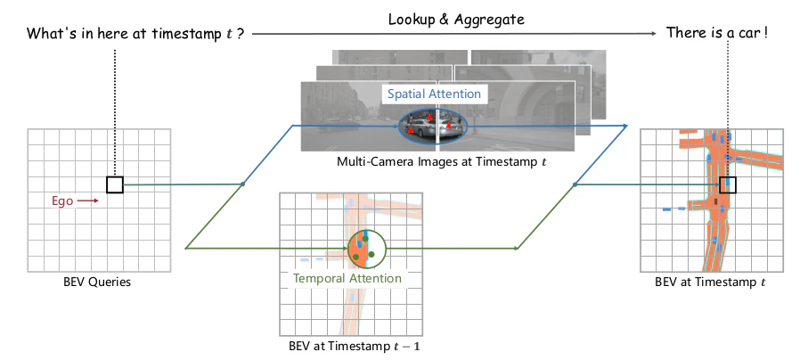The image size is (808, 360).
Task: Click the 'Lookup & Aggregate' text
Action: click(x=456, y=20)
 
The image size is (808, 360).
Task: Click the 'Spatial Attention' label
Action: click(x=434, y=94)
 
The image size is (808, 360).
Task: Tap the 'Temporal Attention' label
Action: click(x=347, y=279)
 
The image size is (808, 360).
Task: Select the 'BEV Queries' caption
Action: click(x=97, y=282)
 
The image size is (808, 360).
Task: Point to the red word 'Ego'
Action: click(x=62, y=201)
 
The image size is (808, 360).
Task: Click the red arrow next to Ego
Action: click(x=88, y=200)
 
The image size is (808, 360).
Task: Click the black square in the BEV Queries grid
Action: click(x=115, y=184)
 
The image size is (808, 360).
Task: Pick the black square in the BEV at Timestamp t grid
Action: click(x=728, y=184)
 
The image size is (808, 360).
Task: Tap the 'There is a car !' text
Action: click(x=717, y=33)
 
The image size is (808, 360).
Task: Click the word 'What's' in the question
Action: click(x=47, y=34)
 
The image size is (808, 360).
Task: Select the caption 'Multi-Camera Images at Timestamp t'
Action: click(x=442, y=161)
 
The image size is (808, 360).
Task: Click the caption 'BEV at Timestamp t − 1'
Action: click(x=355, y=346)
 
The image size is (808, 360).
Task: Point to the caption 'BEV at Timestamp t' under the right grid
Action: click(x=710, y=282)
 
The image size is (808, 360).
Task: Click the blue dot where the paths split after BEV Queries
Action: click(x=242, y=184)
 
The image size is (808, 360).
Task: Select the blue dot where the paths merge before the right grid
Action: click(x=575, y=184)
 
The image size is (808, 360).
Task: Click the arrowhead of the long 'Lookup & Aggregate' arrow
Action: click(x=655, y=34)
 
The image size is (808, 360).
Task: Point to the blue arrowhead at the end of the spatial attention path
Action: click(x=624, y=126)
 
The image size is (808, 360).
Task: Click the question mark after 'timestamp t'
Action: click(x=241, y=34)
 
